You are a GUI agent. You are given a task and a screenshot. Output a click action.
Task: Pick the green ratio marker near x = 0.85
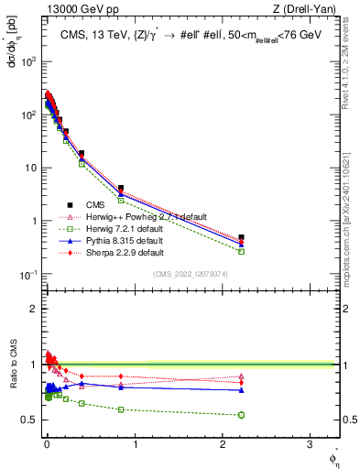coord(121,409)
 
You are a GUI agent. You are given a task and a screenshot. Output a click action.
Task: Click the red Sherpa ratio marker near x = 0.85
coord(121,376)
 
